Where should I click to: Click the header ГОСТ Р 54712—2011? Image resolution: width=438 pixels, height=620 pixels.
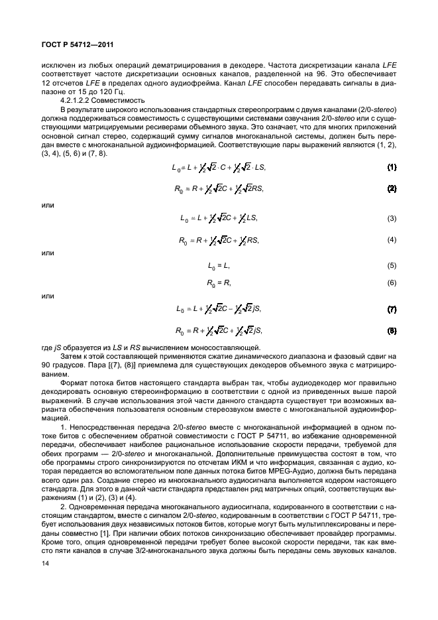64,44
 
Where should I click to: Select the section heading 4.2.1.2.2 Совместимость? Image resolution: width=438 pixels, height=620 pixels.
93,100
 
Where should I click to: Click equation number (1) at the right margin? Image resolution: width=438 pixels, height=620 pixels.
392,167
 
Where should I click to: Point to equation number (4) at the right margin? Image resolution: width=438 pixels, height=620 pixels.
392,239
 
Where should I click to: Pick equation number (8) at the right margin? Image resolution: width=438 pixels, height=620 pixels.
392,330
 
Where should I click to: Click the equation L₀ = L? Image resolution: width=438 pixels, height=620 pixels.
219,266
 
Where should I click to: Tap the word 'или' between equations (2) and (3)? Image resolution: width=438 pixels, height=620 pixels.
48,205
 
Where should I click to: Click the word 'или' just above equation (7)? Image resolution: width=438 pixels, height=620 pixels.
48,296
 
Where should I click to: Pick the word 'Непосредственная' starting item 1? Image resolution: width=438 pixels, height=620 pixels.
100,429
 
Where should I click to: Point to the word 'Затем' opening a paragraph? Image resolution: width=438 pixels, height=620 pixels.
72,357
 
